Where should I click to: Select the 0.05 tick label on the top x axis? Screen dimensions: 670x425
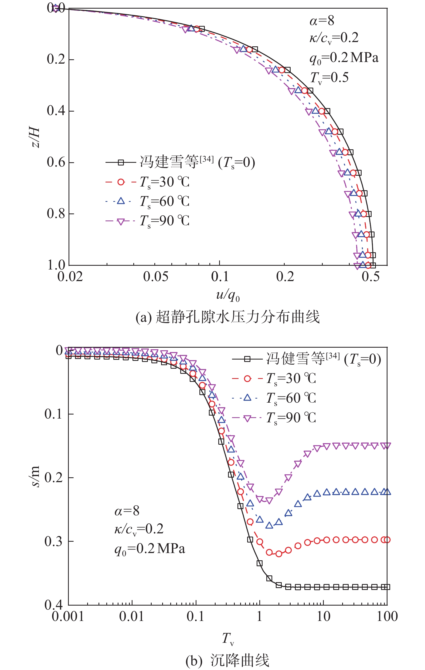[156, 277]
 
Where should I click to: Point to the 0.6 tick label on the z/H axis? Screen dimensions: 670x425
[56, 162]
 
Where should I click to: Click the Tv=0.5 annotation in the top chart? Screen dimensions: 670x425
[329, 78]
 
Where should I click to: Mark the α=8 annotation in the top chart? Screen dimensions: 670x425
[322, 21]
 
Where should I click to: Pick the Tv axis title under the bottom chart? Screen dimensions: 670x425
[228, 638]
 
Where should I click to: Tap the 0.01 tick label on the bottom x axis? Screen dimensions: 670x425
[131, 617]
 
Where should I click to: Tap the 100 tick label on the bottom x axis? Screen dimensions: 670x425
[387, 617]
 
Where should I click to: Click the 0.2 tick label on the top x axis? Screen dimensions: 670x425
[285, 277]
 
